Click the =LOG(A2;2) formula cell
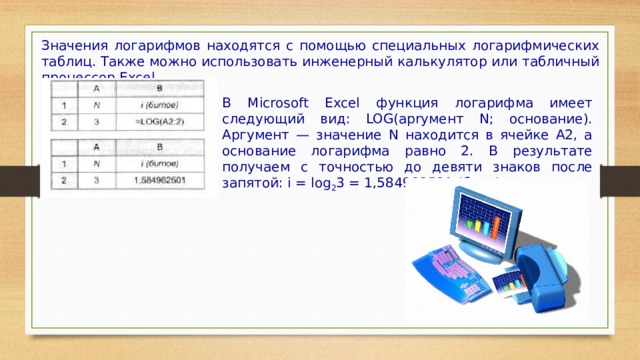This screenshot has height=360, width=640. coord(157,122)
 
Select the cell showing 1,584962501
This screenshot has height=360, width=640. coord(158,181)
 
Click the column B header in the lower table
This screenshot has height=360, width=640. coord(158,147)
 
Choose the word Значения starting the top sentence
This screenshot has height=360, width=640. coord(68,45)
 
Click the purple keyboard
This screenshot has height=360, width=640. coord(450,285)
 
